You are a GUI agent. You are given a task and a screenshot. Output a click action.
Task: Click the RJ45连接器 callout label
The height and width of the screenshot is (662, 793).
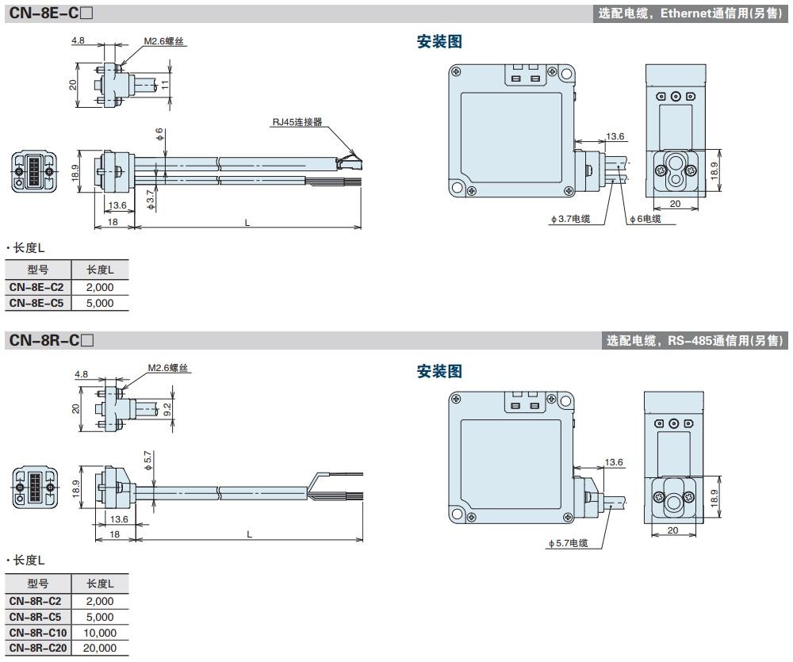coord(297,122)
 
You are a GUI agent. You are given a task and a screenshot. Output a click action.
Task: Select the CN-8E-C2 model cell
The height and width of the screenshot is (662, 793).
coord(36,287)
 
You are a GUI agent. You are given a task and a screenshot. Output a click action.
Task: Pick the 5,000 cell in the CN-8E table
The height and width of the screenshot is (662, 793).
coord(100,303)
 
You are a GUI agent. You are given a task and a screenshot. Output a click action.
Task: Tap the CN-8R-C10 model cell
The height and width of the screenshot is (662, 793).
coord(38,633)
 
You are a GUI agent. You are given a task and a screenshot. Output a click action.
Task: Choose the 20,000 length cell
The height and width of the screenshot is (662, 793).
coord(100,649)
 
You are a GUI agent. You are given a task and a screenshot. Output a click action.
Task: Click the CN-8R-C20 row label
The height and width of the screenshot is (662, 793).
coord(38,649)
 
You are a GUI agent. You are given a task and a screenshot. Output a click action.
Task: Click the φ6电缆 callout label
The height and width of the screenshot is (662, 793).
coord(646,219)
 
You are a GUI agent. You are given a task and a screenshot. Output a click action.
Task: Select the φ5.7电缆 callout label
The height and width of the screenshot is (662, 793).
coord(568,543)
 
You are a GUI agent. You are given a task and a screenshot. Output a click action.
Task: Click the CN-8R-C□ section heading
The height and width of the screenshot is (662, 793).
coord(52,340)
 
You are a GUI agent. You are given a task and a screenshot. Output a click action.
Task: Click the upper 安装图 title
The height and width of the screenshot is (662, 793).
coord(439,43)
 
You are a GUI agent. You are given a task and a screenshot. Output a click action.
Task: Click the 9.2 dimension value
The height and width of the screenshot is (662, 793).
coord(167,409)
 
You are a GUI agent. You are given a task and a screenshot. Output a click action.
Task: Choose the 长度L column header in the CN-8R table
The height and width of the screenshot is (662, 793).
coord(100,583)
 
